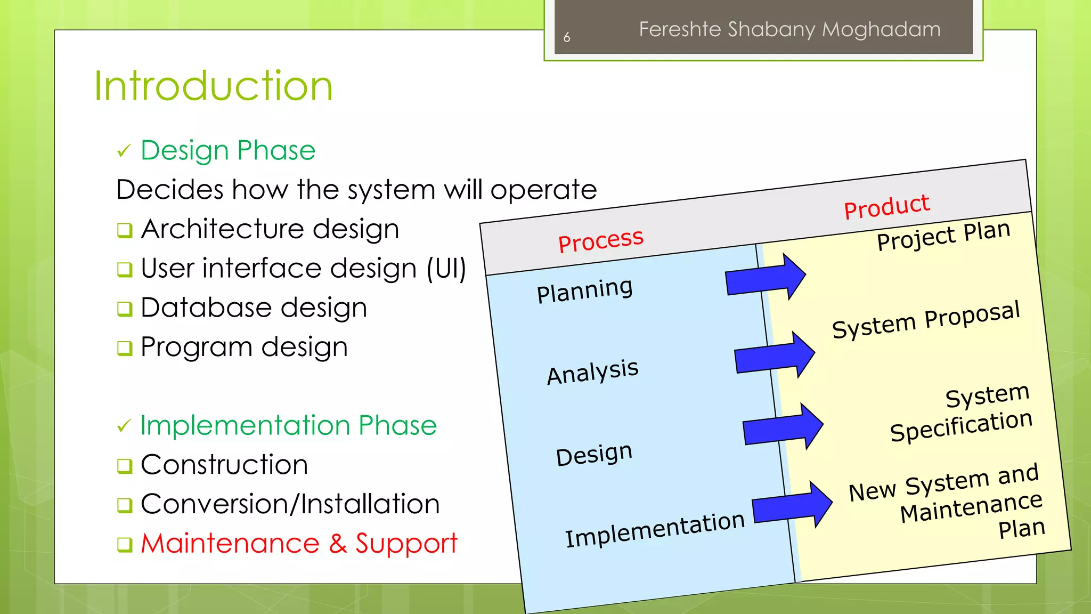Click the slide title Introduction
213,86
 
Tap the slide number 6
567,37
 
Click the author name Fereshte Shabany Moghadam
789,29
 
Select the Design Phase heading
228,150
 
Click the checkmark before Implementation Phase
124,426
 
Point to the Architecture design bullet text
270,229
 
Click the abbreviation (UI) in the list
446,268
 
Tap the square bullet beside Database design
125,309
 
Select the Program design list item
244,347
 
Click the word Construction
224,465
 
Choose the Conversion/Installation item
290,504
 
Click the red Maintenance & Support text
299,544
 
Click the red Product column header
886,206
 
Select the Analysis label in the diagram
592,371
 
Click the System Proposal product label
926,320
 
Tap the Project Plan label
943,235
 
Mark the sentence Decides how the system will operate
356,190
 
